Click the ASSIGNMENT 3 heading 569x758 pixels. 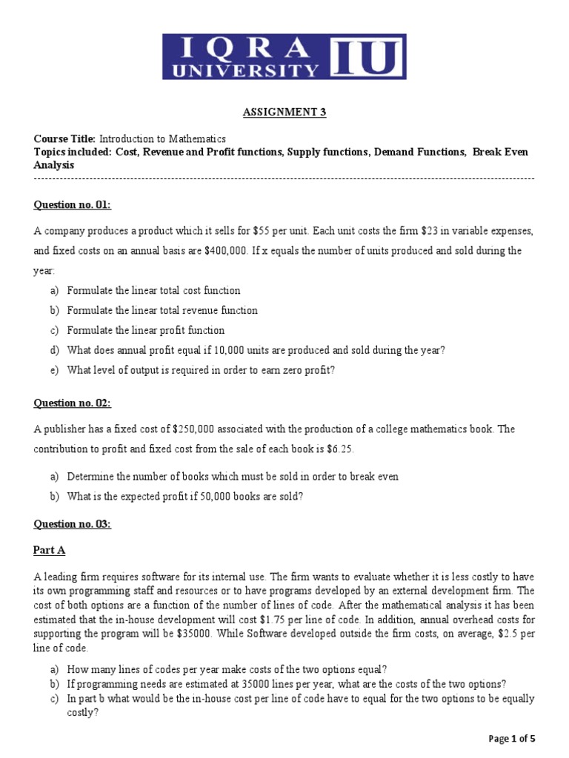[284, 113]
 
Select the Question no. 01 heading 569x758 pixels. [73, 205]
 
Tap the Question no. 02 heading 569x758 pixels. [73, 403]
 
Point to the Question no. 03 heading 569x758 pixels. [73, 524]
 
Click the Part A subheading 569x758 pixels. [49, 550]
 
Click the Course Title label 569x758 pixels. [65, 138]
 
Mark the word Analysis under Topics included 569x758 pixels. [53, 165]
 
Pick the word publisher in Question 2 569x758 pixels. [64, 429]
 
